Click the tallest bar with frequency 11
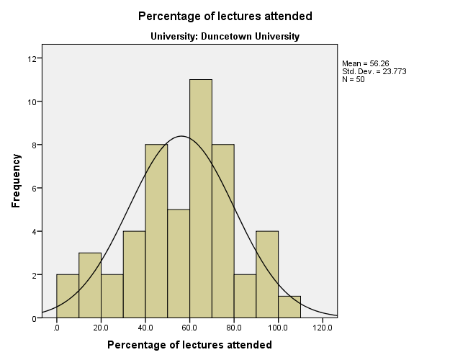201,198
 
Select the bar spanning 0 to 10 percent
68,296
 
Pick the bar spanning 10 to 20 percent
90,285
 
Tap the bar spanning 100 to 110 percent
289,307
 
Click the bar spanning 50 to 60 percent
179,263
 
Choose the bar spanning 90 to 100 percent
267,274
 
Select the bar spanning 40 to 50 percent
156,230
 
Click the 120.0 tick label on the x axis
323,328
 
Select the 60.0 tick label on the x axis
190,328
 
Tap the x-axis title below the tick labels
189,345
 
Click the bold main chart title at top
225,16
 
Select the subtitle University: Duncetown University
225,36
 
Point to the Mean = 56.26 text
366,63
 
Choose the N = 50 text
354,78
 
